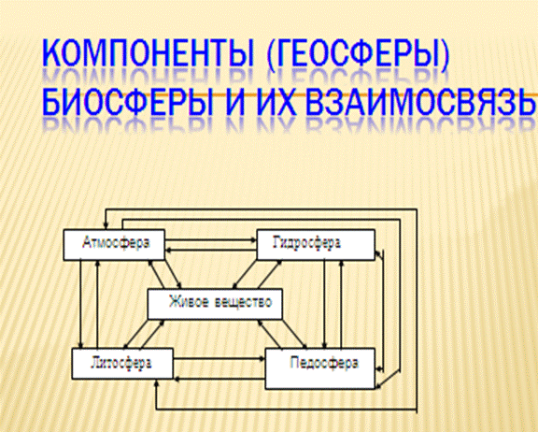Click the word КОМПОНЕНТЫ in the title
point(148,53)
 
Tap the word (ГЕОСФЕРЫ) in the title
point(358,54)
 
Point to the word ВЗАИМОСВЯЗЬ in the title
point(421,102)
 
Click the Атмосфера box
point(114,244)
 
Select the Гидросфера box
point(316,244)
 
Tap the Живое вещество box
point(215,304)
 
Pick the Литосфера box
point(122,364)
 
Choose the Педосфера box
point(320,368)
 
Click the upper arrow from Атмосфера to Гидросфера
point(211,240)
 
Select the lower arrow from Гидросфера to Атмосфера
point(211,250)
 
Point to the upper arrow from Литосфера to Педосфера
point(219,359)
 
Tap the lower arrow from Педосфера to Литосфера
point(219,379)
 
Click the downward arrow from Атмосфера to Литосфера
point(81,304)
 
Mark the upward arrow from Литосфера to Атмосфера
point(98,304)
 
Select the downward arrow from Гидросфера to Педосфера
point(324,304)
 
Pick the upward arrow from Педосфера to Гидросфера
point(341,304)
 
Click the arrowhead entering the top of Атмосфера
point(106,226)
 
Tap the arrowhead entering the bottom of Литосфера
point(157,382)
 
